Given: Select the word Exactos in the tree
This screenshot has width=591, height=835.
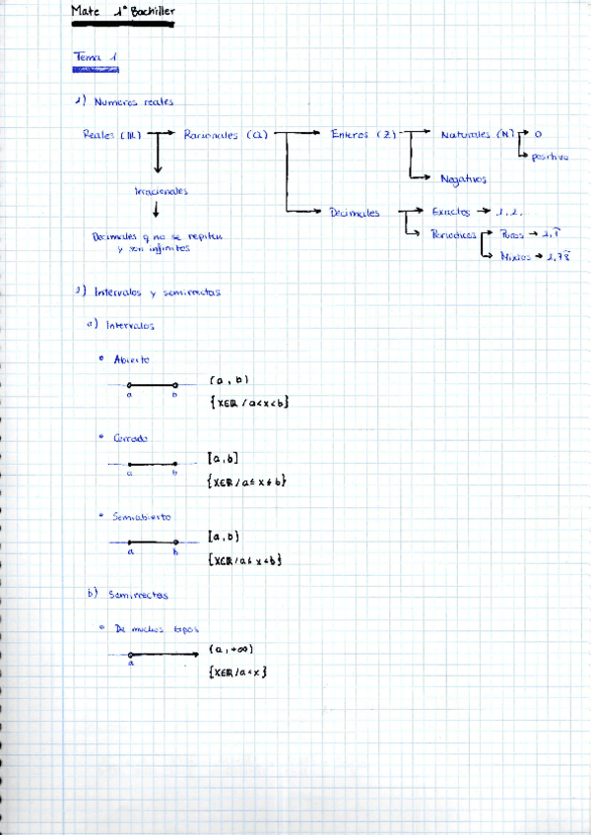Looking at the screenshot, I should (451, 211).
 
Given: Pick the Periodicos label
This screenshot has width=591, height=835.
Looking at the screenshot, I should (454, 234).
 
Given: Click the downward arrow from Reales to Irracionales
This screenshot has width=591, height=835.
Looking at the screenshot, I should (157, 158).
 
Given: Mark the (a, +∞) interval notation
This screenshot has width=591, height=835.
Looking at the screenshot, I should (232, 650).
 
